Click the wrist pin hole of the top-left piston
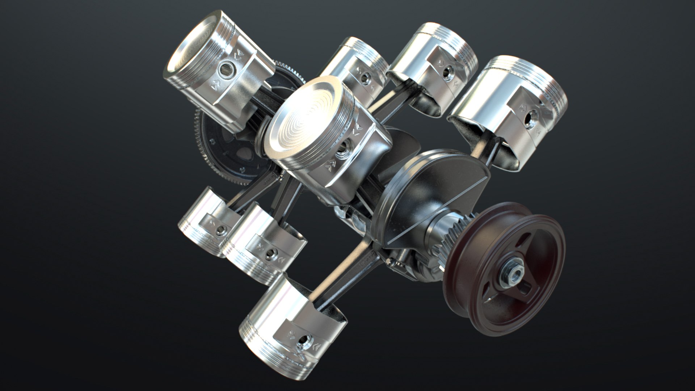pyautogui.click(x=227, y=67)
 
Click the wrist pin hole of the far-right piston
pyautogui.click(x=531, y=117)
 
